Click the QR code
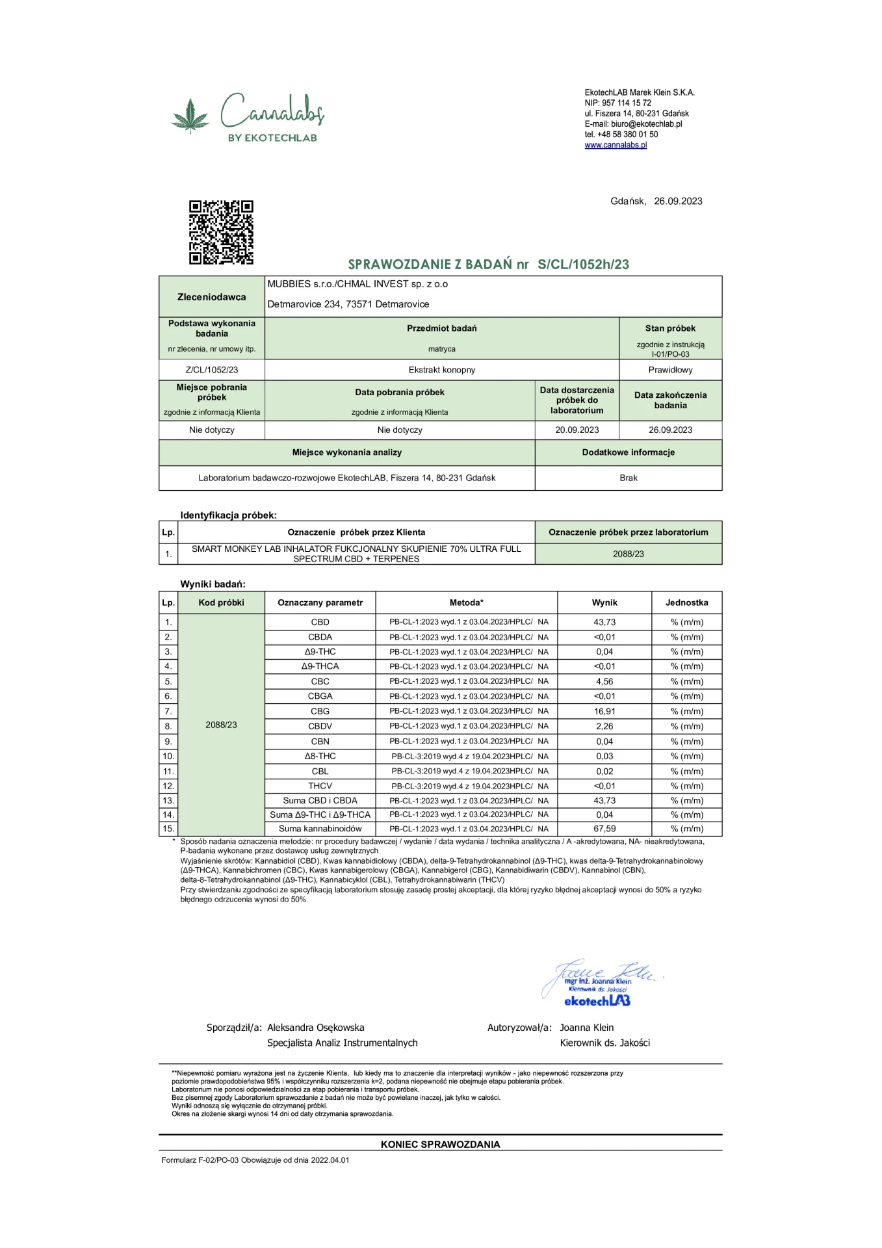pyautogui.click(x=221, y=232)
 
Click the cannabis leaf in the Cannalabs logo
pyautogui.click(x=190, y=116)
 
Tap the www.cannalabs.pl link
pyautogui.click(x=616, y=145)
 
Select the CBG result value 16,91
pyautogui.click(x=604, y=711)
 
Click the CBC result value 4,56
pyautogui.click(x=604, y=681)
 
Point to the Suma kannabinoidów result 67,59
pyautogui.click(x=604, y=829)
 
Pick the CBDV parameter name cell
pyautogui.click(x=320, y=726)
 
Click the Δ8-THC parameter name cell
pyautogui.click(x=320, y=756)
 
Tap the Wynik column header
pyautogui.click(x=604, y=603)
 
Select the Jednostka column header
pyautogui.click(x=686, y=603)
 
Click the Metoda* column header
pyautogui.click(x=466, y=603)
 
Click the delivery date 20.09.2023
pyautogui.click(x=577, y=430)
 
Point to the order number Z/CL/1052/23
pyautogui.click(x=212, y=370)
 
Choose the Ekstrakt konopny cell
pyautogui.click(x=442, y=370)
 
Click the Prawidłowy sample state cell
pyautogui.click(x=670, y=370)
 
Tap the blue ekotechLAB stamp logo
pyautogui.click(x=597, y=1001)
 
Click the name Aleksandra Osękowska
pyautogui.click(x=316, y=1028)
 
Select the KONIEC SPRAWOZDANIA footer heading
pyautogui.click(x=440, y=1144)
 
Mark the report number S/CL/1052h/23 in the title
pyautogui.click(x=583, y=265)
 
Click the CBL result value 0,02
pyautogui.click(x=604, y=771)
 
